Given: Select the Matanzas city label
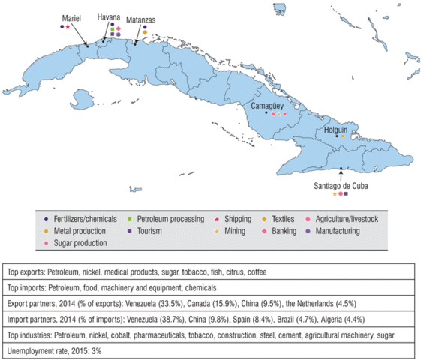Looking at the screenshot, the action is [x=142, y=19].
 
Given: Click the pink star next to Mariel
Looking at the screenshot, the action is [x=68, y=27].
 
